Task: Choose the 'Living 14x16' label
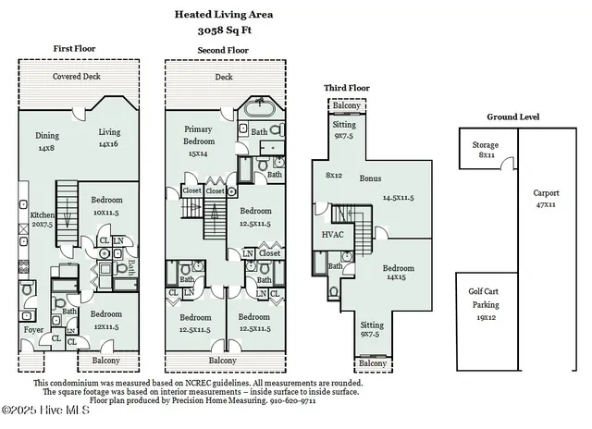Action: point(109,138)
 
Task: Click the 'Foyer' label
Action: point(32,330)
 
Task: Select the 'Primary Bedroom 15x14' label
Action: point(199,141)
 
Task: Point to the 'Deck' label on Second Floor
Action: point(223,78)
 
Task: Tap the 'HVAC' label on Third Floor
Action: point(330,235)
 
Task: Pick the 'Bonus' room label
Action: point(371,178)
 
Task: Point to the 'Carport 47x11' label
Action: point(546,199)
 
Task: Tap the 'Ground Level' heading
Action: point(513,116)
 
